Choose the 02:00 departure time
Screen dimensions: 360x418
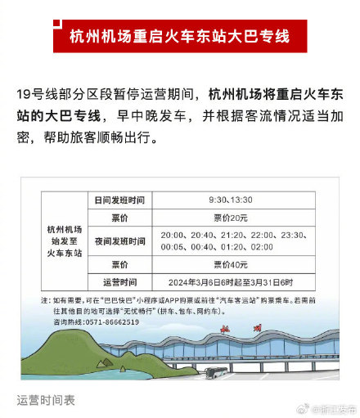coord(262,247)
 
